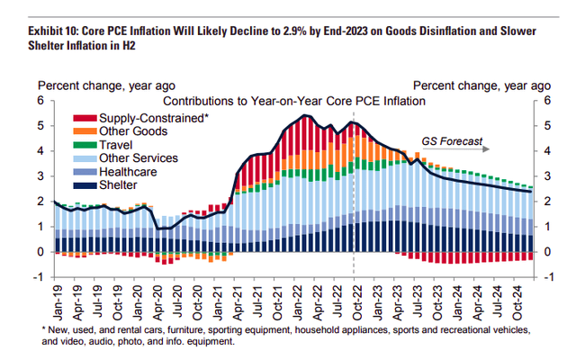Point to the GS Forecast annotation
pos(453,141)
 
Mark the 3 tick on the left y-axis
pos(40,176)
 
